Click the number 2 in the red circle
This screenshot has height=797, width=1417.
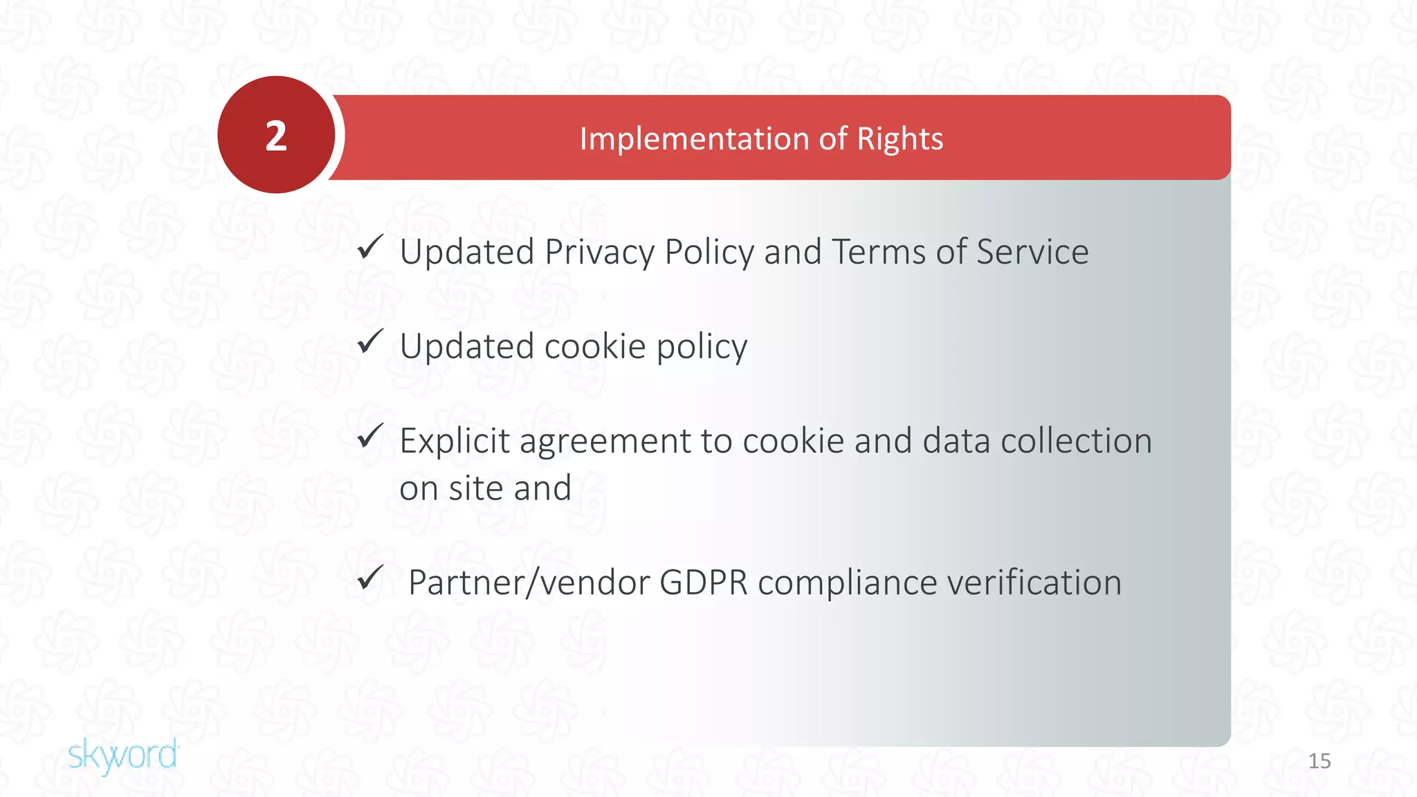[x=276, y=136]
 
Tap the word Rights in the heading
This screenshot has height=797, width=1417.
[x=899, y=139]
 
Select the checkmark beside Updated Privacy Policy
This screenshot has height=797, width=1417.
[x=371, y=247]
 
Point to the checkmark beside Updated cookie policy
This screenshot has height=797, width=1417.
[x=371, y=341]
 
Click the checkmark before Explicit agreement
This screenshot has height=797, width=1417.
[x=371, y=436]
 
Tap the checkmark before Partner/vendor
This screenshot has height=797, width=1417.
[x=371, y=577]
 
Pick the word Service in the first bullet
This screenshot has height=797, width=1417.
[x=1032, y=252]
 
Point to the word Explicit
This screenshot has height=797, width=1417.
[x=455, y=441]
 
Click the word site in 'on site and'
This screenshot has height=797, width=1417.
[x=476, y=488]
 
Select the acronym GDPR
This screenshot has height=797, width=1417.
[x=704, y=583]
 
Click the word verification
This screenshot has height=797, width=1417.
[x=1034, y=583]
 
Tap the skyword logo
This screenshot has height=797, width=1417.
[x=123, y=755]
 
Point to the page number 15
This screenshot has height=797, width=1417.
[x=1319, y=761]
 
